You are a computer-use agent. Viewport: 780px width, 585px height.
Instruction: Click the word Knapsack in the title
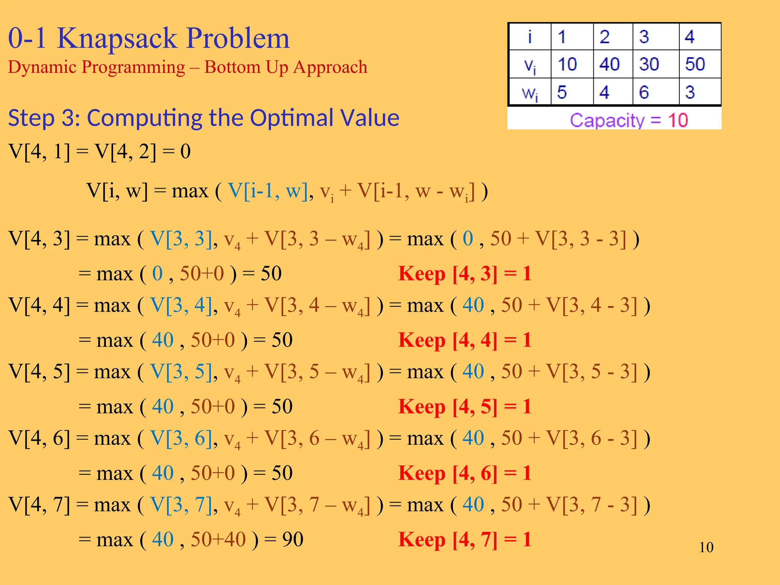tap(117, 38)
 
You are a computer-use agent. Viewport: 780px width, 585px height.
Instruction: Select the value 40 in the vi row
tap(609, 64)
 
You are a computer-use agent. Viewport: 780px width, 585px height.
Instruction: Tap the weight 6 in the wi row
tap(644, 92)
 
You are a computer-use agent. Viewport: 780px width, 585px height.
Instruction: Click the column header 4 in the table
tap(689, 37)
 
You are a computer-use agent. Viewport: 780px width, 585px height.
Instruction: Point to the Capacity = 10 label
tap(628, 120)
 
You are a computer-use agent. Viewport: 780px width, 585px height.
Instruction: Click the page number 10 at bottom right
tap(706, 547)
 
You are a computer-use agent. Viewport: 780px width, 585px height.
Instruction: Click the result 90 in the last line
tap(292, 539)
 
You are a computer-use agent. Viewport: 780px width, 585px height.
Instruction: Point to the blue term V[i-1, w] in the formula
tap(268, 190)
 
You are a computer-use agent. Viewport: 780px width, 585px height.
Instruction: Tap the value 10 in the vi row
tap(567, 64)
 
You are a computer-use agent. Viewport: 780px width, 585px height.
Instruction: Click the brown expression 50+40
tap(218, 539)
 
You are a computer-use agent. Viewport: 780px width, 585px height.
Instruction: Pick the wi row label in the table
tap(530, 93)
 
